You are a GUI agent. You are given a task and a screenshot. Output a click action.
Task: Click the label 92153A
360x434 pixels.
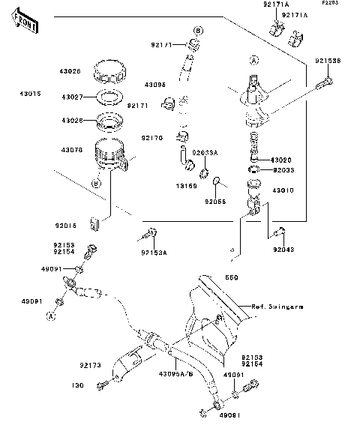[154, 252]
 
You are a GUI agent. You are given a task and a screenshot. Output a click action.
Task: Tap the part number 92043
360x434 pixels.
[283, 249]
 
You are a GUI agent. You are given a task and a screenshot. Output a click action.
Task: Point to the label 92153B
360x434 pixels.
[326, 61]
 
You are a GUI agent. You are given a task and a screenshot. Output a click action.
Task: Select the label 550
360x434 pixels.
[230, 277]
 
